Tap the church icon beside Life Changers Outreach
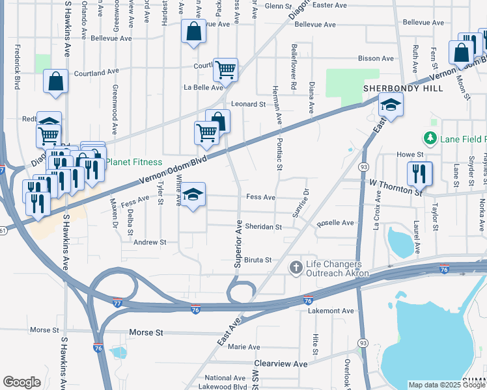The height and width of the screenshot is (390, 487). click(x=296, y=268)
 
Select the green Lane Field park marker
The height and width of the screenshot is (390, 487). click(x=429, y=138)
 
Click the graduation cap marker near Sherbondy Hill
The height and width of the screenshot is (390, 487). click(x=391, y=105)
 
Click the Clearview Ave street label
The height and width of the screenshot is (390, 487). click(x=281, y=364)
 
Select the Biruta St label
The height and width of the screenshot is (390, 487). click(x=258, y=260)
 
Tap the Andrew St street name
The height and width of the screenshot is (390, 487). click(x=150, y=242)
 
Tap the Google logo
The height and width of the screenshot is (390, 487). click(x=22, y=382)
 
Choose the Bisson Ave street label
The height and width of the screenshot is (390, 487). click(x=376, y=58)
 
